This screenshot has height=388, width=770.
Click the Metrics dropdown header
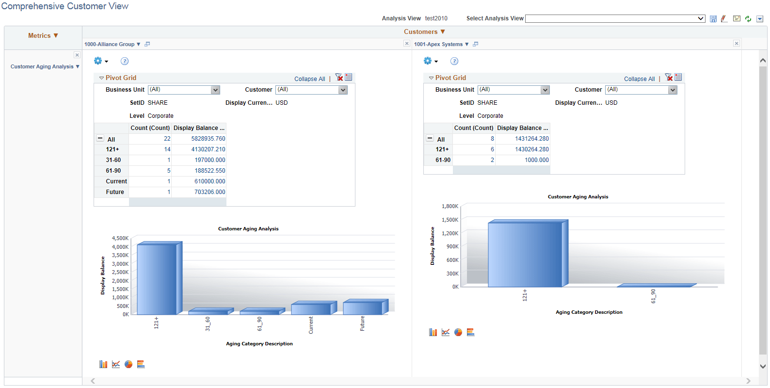[43, 36]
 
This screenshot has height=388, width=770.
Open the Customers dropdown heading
[424, 32]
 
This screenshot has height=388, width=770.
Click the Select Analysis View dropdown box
[615, 18]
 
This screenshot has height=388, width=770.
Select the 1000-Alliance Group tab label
[110, 44]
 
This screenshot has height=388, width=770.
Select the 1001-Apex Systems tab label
[438, 44]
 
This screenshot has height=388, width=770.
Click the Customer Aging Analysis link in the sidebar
[42, 67]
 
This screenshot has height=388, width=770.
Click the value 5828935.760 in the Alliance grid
[208, 139]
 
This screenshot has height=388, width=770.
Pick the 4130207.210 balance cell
[208, 149]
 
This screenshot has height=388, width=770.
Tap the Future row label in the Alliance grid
[115, 192]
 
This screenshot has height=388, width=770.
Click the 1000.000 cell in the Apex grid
[536, 160]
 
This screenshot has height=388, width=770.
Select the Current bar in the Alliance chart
[311, 309]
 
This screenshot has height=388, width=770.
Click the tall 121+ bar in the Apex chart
[525, 255]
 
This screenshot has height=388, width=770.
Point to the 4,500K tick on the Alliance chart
[120, 238]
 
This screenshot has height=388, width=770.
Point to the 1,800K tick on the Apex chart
[450, 206]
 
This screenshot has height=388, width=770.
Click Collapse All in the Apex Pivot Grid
[639, 79]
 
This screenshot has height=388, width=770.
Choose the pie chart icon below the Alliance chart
[128, 364]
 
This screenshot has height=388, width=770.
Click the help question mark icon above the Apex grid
[454, 61]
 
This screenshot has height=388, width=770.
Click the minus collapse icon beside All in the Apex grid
[430, 138]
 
